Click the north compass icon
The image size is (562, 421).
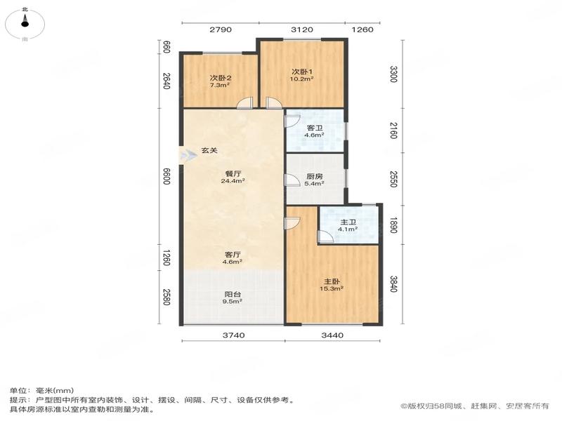(x=25, y=24)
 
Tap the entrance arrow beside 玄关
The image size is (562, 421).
(x=188, y=155)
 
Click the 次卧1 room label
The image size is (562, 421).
(x=302, y=72)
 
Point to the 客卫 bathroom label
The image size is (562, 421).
(x=315, y=128)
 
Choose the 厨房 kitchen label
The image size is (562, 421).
(x=315, y=177)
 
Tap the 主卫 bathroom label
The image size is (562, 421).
(x=348, y=222)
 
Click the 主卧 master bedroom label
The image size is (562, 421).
(x=332, y=282)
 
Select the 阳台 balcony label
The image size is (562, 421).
(x=233, y=295)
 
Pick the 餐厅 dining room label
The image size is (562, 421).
(x=233, y=174)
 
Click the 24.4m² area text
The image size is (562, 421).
(x=233, y=181)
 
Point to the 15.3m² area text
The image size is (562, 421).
(x=332, y=288)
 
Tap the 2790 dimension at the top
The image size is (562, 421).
(x=221, y=29)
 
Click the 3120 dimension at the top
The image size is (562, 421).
(x=302, y=29)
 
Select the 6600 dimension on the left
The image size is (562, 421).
(x=166, y=177)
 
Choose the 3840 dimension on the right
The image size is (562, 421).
(x=393, y=284)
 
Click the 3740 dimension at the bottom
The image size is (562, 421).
(x=234, y=335)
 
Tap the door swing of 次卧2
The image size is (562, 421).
(x=244, y=102)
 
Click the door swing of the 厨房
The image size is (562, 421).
(x=292, y=180)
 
